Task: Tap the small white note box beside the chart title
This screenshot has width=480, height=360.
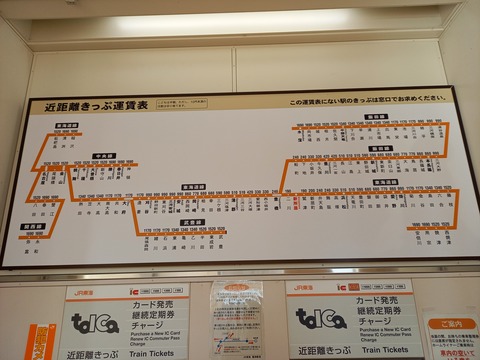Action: pyautogui.click(x=186, y=102)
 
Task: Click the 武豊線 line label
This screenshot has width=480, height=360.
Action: pyautogui.click(x=192, y=222)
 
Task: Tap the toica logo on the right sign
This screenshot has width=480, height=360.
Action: pyautogui.click(x=320, y=318)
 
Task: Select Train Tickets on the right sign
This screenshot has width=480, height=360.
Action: pyautogui.click(x=384, y=350)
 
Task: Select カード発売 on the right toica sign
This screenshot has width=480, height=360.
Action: pyautogui.click(x=378, y=300)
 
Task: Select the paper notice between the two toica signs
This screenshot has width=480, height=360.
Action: pyautogui.click(x=237, y=318)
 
